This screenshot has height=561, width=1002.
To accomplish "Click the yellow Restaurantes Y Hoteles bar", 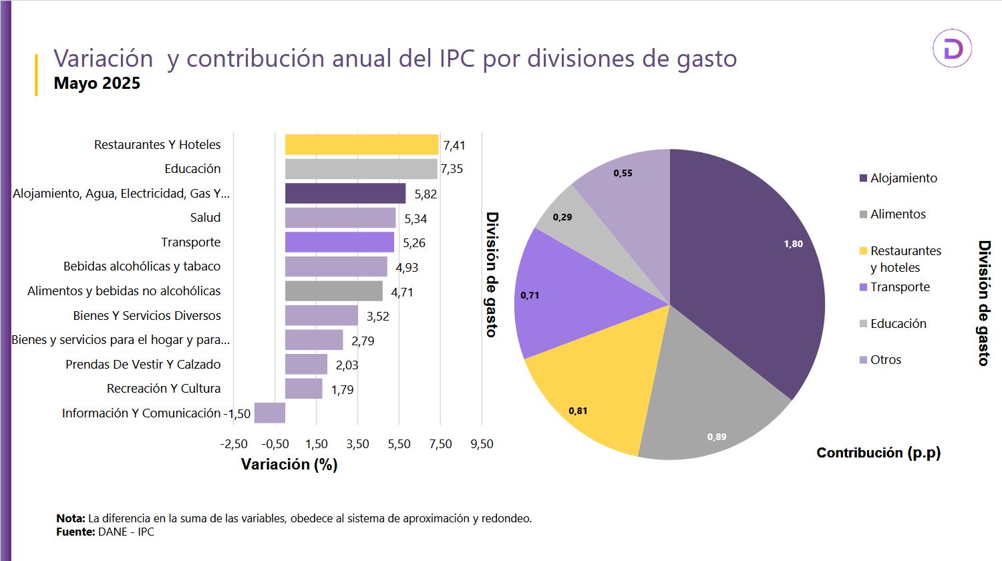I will [x=361, y=144].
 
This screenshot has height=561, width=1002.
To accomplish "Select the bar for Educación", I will [x=361, y=169].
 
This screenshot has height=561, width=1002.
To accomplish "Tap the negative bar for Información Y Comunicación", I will [x=270, y=413].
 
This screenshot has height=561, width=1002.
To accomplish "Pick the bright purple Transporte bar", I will [x=339, y=242].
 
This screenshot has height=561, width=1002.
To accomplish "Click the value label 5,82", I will [x=426, y=194].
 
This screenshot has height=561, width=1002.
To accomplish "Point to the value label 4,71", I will [x=402, y=292].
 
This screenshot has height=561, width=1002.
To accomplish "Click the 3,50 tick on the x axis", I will [x=358, y=444].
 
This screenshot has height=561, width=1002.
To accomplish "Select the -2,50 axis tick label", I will [x=234, y=444].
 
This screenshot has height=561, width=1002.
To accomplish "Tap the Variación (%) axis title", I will [x=289, y=465].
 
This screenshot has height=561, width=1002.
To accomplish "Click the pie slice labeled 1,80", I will [x=748, y=267].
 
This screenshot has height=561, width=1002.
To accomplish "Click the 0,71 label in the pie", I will [x=530, y=295].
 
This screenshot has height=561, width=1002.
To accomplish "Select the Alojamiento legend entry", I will [x=903, y=178].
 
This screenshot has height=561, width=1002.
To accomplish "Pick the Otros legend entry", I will [x=886, y=360].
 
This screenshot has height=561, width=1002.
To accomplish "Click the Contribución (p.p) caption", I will [x=878, y=453].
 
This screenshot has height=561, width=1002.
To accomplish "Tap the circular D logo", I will [x=952, y=49].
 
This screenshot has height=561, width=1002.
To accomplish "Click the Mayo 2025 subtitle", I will [x=97, y=83].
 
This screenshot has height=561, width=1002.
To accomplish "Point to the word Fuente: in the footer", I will [x=75, y=532].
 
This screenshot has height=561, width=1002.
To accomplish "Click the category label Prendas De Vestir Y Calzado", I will [x=143, y=365].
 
